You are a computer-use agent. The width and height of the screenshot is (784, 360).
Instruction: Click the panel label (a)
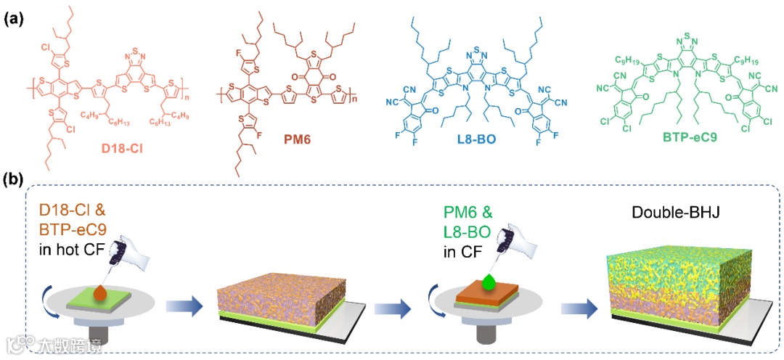[13, 20]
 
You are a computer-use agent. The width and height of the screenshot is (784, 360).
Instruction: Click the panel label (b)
[13, 179]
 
